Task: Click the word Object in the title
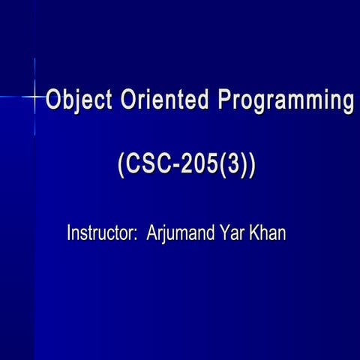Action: point(76,100)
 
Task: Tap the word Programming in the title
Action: point(285,101)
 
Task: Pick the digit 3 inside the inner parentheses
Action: point(235,166)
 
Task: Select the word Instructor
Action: point(98,232)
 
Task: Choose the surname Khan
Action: point(268,232)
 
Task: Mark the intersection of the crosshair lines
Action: point(35,97)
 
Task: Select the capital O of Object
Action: point(54,100)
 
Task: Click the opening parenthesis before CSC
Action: point(122,166)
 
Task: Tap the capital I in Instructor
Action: point(69,232)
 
